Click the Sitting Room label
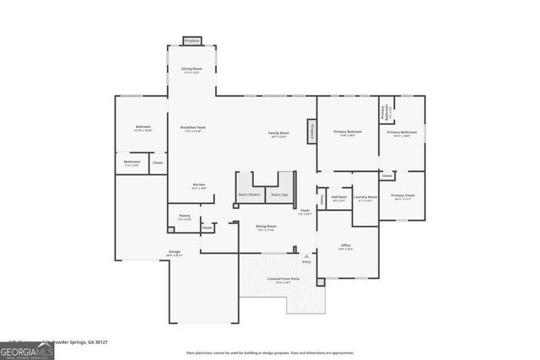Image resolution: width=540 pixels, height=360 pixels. (x=192, y=70)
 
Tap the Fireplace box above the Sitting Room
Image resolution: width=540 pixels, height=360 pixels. (x=192, y=40)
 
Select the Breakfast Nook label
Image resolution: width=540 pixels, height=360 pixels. (x=192, y=128)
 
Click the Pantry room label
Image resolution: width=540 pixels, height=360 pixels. (x=184, y=217)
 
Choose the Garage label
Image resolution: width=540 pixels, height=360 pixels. (x=175, y=252)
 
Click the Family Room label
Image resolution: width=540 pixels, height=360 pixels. (x=278, y=133)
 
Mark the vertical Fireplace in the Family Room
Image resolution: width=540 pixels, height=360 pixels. (x=311, y=131)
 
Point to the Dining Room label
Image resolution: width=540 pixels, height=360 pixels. (x=267, y=228)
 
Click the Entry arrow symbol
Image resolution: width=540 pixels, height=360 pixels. (x=306, y=256)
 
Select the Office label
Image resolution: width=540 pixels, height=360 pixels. (x=345, y=246)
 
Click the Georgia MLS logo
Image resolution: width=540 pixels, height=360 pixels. (x=27, y=350)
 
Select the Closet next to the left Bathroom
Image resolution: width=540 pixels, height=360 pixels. (x=158, y=163)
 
